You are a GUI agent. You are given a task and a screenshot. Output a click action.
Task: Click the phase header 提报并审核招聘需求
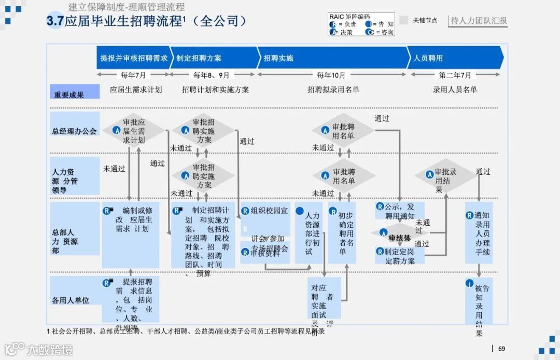point(134,58)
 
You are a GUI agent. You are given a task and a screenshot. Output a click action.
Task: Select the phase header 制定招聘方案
point(199,58)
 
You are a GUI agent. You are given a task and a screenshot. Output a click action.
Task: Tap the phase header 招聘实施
point(278,58)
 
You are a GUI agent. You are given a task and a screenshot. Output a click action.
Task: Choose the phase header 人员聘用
point(428,58)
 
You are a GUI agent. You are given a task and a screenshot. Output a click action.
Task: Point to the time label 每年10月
point(331,75)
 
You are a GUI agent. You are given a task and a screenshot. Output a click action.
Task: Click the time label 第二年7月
point(455,75)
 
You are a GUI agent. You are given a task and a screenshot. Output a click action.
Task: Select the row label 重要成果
point(69,95)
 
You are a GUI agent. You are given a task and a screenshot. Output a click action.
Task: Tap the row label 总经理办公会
point(74,131)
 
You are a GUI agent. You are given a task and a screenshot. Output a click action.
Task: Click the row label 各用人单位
point(71,300)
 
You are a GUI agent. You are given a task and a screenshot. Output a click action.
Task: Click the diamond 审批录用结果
point(445,176)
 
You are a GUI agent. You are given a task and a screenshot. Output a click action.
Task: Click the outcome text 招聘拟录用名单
point(333,90)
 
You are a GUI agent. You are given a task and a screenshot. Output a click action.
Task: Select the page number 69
point(501,349)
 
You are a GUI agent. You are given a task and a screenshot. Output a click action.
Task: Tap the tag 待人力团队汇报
point(479,21)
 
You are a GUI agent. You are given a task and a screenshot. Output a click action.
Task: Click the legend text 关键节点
point(425,21)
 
